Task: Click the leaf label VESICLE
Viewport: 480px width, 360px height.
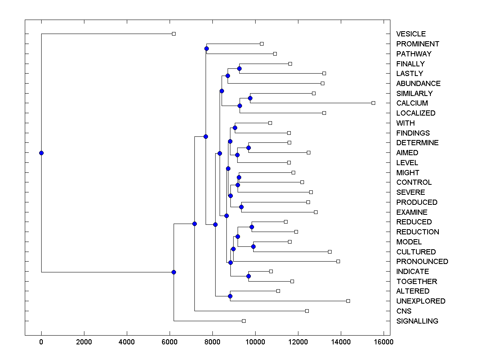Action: [x=411, y=34]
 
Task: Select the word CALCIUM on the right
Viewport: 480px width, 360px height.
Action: [x=412, y=103]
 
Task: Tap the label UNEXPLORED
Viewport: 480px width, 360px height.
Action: [x=420, y=301]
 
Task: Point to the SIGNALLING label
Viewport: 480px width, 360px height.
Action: [x=417, y=321]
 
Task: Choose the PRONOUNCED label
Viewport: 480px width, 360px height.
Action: [x=422, y=262]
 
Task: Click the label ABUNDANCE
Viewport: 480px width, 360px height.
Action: [x=418, y=84]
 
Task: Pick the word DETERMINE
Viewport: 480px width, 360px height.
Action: [x=417, y=143]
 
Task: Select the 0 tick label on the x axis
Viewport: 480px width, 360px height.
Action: [x=41, y=342]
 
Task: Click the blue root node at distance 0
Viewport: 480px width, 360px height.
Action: [x=41, y=153]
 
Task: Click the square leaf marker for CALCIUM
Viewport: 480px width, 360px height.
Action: [x=373, y=103]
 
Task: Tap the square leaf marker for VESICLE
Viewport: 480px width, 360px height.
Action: [x=174, y=34]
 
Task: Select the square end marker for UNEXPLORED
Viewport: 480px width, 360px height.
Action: [x=348, y=301]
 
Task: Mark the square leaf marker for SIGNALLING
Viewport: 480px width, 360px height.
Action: [x=244, y=321]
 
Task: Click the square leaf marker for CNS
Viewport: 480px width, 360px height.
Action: [x=307, y=311]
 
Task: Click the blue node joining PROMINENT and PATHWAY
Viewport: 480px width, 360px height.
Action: [x=206, y=49]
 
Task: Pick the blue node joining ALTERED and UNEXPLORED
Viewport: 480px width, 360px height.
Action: [x=230, y=296]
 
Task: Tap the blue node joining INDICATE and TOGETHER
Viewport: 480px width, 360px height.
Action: [x=248, y=276]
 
